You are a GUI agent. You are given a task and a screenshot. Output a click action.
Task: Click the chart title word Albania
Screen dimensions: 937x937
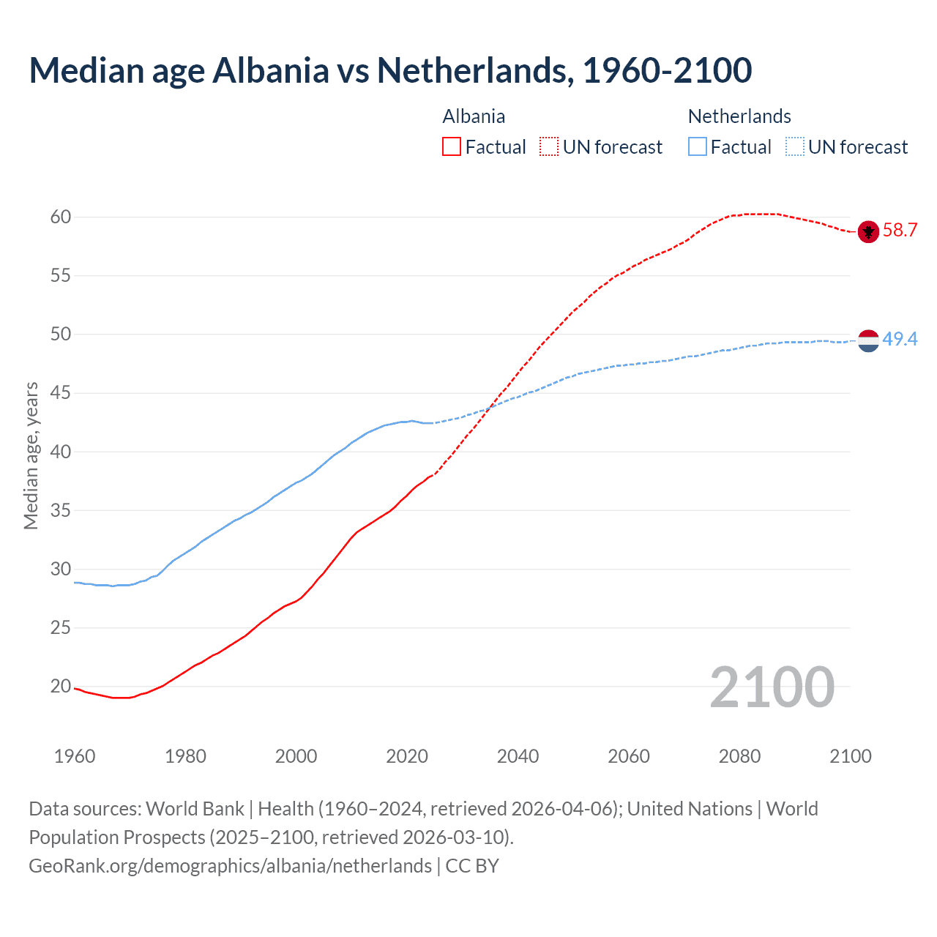click(271, 70)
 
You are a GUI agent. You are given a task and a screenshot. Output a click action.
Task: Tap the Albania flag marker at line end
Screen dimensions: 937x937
click(868, 232)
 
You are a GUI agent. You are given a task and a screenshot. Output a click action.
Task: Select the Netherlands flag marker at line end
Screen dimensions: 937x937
click(868, 340)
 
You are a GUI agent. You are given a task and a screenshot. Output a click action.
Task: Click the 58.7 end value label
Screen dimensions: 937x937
click(900, 231)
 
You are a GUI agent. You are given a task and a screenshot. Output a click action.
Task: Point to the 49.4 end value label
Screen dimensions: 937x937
click(900, 339)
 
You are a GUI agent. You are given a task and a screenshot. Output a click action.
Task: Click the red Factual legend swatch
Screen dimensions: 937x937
click(452, 147)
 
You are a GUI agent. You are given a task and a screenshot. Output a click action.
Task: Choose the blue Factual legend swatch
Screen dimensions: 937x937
click(698, 147)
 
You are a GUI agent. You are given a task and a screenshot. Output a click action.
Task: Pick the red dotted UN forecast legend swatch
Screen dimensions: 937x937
click(549, 147)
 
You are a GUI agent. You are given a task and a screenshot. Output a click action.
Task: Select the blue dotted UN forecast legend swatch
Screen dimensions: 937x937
click(795, 147)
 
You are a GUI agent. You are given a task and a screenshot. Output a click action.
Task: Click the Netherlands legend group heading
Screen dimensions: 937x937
click(739, 116)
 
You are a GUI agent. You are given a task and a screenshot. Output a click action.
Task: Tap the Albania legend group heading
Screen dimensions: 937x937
click(474, 116)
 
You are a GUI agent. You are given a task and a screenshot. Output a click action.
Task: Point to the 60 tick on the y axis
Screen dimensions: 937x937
click(61, 217)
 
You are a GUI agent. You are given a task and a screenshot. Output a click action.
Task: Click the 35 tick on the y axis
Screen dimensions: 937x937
click(61, 510)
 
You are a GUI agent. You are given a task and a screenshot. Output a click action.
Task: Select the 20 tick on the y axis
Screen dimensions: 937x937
click(61, 687)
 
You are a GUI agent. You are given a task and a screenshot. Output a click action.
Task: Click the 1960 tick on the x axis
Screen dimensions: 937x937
click(75, 756)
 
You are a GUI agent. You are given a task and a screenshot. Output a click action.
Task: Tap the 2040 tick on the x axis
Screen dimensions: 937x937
click(518, 756)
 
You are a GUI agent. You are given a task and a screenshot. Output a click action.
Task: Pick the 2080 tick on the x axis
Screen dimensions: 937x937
click(739, 756)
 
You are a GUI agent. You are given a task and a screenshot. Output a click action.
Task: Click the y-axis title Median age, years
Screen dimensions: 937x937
click(31, 455)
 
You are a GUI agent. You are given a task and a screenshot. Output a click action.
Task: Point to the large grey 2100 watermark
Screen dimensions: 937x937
click(772, 687)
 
